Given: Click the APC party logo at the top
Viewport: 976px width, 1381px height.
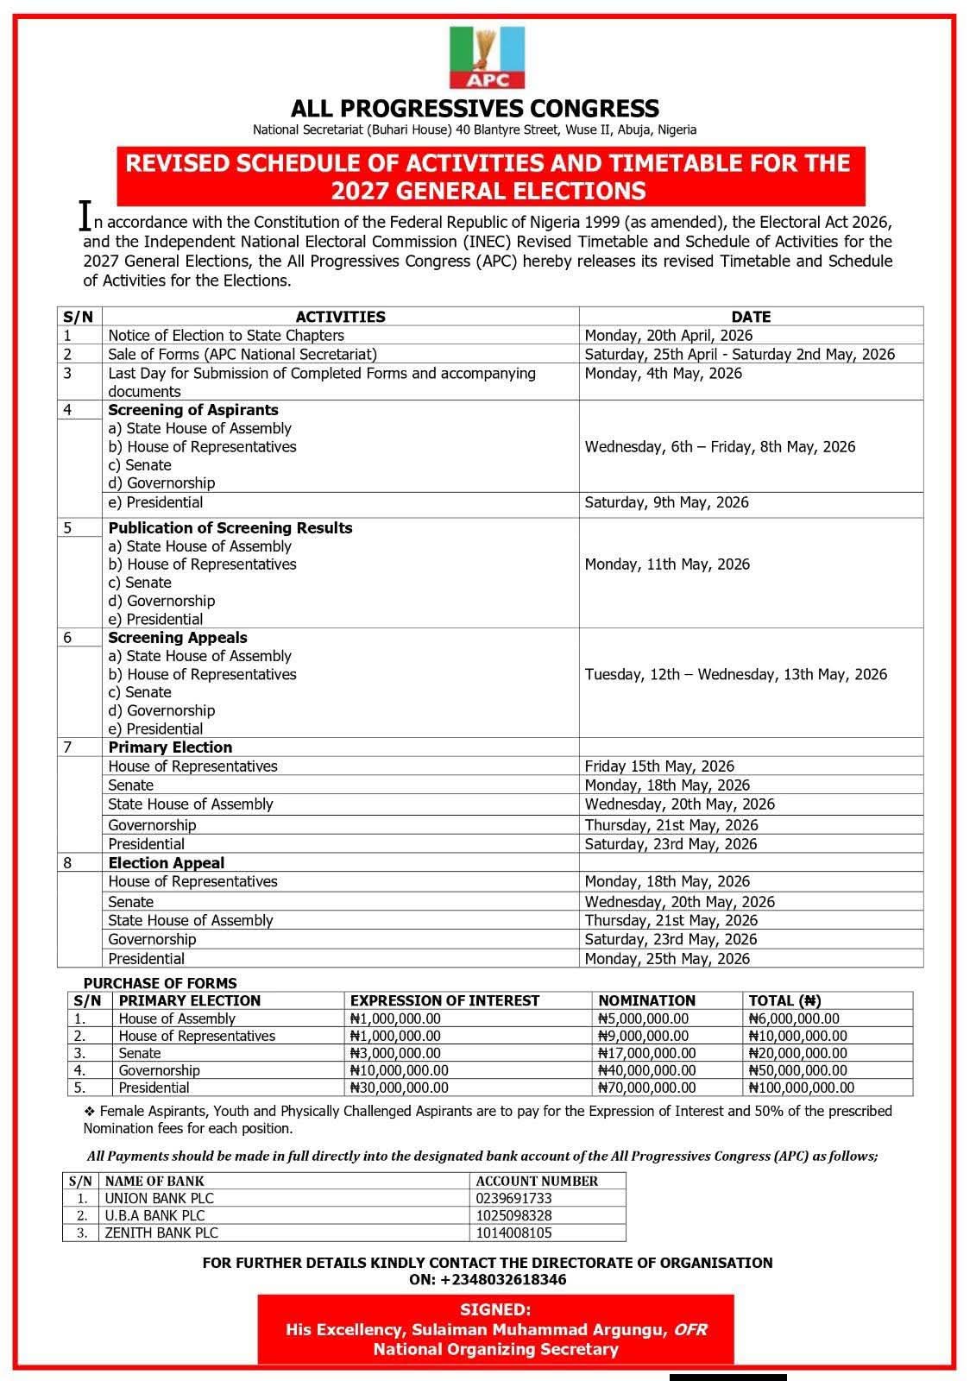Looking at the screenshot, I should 487,57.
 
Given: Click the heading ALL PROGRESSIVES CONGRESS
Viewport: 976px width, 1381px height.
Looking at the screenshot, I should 475,109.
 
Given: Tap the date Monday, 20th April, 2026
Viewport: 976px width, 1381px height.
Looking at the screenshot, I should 668,335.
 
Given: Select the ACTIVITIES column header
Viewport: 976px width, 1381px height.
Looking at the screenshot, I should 340,317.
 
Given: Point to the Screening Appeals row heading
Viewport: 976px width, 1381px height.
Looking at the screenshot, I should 177,638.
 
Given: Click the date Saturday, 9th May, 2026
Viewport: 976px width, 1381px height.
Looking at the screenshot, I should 666,502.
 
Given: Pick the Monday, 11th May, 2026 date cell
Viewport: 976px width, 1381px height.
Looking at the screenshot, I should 667,564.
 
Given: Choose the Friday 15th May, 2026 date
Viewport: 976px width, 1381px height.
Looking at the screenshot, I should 659,766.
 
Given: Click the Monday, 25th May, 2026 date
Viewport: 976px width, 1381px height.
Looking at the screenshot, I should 667,959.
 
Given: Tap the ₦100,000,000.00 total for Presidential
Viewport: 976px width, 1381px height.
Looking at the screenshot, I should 801,1088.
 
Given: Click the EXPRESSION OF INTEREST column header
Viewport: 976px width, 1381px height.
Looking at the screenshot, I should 444,1001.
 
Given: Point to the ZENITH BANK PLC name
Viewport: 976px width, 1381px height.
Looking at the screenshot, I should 161,1233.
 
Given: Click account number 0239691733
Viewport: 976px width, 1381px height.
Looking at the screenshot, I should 513,1199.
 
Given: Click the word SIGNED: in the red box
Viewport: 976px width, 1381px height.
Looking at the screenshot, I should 495,1310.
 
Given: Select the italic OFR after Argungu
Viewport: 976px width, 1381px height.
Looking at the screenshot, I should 689,1330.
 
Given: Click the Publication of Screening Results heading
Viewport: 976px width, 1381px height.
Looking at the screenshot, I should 230,528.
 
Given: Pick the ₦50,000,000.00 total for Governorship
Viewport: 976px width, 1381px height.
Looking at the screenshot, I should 797,1070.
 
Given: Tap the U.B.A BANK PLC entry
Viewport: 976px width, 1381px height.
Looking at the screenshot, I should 154,1216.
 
